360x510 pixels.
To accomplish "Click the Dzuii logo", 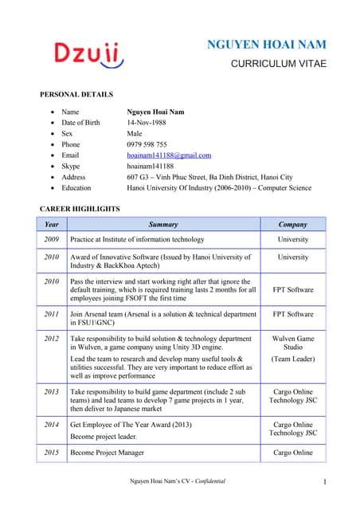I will coord(88,54).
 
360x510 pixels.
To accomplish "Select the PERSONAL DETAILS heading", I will coord(76,95).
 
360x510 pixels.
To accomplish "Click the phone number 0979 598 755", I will coord(147,144).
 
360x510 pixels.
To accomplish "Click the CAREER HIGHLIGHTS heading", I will coord(80,209).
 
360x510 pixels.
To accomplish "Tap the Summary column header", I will coord(163,224).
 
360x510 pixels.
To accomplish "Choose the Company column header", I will coord(293,224).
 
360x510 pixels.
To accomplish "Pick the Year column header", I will coord(52,224).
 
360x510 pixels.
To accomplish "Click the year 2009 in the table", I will coord(52,239).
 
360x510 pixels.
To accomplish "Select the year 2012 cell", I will coord(52,338).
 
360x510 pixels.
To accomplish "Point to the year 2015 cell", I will coord(52,453).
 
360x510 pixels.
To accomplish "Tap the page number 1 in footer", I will coord(327,482).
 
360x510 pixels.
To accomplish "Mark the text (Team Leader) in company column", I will coord(293,359).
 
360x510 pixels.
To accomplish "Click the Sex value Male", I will coord(135,134).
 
